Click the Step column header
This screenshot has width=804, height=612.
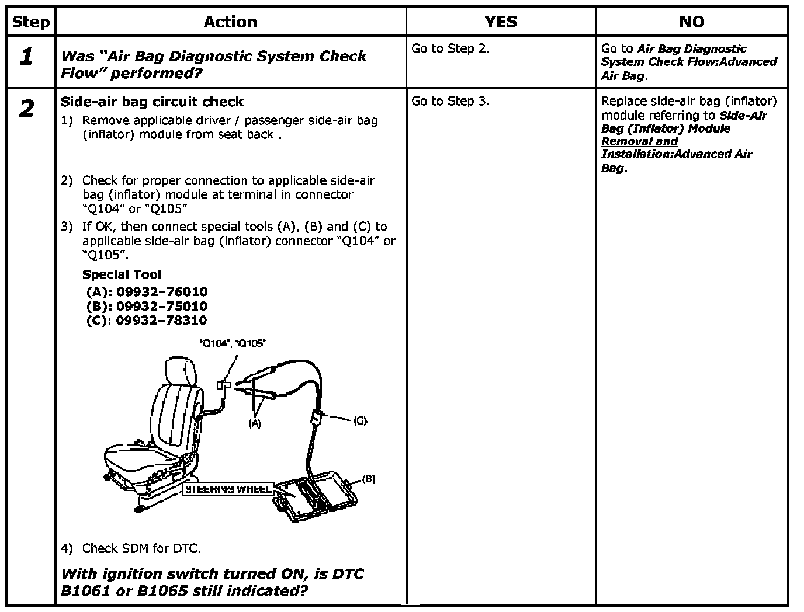[x=30, y=22]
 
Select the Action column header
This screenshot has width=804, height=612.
[x=230, y=22]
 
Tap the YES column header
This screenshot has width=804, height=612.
[x=501, y=22]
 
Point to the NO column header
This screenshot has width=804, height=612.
[x=691, y=22]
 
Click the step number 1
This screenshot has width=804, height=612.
[x=26, y=57]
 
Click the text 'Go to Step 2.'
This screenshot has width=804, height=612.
[x=450, y=49]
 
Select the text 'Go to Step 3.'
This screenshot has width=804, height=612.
[x=450, y=101]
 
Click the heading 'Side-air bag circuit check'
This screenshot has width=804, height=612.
[x=152, y=102]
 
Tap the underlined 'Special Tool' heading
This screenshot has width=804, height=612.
[x=122, y=274]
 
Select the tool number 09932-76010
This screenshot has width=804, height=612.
[x=162, y=292]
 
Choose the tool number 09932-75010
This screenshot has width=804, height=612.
[x=162, y=306]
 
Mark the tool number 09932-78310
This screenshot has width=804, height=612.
[x=161, y=320]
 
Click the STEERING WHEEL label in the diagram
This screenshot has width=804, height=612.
[x=228, y=489]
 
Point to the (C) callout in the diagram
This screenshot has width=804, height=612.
[x=360, y=420]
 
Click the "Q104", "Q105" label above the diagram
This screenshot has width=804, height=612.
[x=233, y=344]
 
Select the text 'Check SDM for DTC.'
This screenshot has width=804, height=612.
[x=141, y=548]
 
